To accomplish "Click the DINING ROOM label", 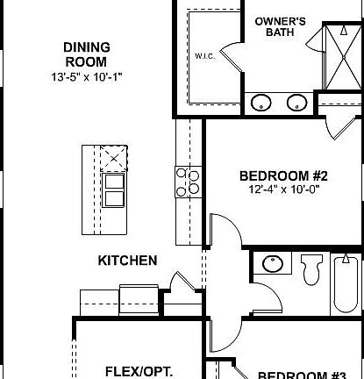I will (x=85, y=54).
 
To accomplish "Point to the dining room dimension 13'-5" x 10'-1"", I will (x=85, y=76).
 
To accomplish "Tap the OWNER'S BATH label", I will (x=278, y=26).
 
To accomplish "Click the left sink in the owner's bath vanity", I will (x=261, y=103).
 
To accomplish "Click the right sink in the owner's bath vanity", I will (x=296, y=103).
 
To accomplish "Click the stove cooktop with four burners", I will (x=189, y=182).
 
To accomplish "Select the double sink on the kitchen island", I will (x=113, y=189).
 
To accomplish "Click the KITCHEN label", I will (x=127, y=261).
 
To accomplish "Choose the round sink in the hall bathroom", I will (x=272, y=264).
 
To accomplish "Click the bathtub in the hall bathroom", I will (x=346, y=282).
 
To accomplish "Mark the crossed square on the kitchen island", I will (x=113, y=159).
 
